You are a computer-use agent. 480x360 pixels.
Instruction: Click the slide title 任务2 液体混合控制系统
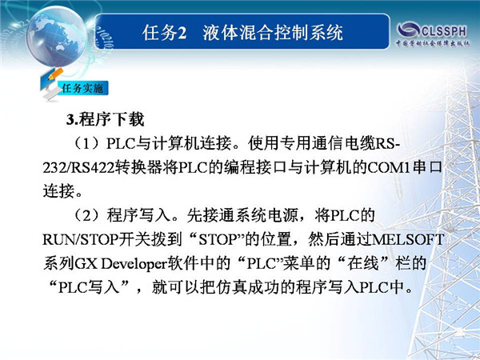[x=242, y=33]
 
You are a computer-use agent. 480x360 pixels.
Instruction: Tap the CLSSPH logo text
[x=443, y=31]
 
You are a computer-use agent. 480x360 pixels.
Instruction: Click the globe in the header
[x=57, y=37]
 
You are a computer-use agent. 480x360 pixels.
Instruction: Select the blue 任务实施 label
[x=82, y=89]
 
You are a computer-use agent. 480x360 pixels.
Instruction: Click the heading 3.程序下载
[x=105, y=119]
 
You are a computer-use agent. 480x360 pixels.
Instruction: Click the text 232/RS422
[x=78, y=168]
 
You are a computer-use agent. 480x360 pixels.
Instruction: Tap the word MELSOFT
[x=408, y=239]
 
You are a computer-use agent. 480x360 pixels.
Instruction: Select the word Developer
[x=134, y=263]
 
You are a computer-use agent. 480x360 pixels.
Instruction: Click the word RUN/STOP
[x=81, y=239]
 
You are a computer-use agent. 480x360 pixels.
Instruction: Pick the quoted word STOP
[x=218, y=239]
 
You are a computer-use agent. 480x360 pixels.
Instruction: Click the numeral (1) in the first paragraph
[x=86, y=143]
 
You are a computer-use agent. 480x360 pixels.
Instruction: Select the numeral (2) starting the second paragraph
[x=86, y=215]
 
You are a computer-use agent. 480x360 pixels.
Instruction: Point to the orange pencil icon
[x=54, y=74]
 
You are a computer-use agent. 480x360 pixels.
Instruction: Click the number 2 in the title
[x=182, y=33]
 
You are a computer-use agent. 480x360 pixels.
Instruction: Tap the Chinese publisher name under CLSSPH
[x=432, y=43]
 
